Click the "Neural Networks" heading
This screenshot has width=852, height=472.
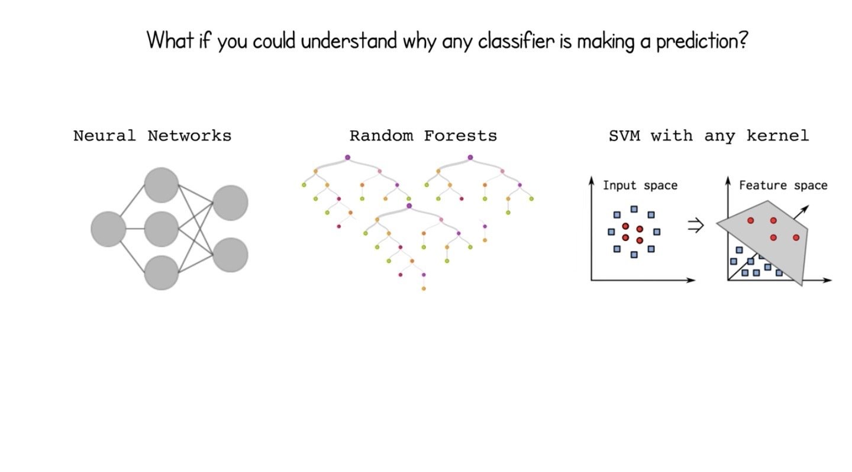coord(152,136)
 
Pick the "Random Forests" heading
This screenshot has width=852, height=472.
coord(423,136)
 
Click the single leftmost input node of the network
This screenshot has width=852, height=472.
coord(108,229)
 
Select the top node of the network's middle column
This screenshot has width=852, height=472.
coord(162,185)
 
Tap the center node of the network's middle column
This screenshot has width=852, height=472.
coord(162,229)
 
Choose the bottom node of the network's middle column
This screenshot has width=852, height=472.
coord(162,272)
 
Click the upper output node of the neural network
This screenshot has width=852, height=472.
coord(230,203)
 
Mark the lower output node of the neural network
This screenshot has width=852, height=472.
coord(230,255)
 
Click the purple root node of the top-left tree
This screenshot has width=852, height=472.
coord(347,157)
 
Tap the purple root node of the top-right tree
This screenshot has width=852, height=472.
coord(470,157)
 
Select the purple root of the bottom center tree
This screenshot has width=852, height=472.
coord(409,206)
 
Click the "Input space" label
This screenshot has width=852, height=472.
coord(640,185)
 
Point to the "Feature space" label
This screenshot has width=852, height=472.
coord(783,185)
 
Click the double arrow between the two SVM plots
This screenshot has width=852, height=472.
coord(695,226)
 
